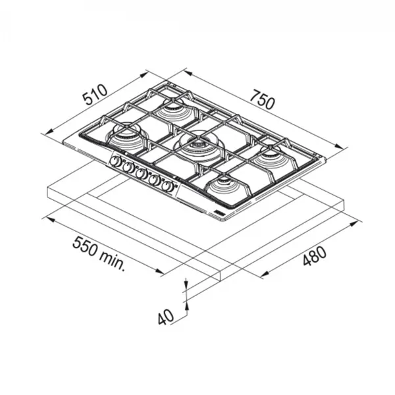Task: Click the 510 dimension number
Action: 95,95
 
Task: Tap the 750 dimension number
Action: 262,99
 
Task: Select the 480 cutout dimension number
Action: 315,256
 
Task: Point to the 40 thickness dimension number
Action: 165,317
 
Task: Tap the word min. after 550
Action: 112,261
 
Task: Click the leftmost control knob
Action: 115,161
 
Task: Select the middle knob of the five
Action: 141,174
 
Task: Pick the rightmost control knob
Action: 167,187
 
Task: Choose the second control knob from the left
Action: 128,167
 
